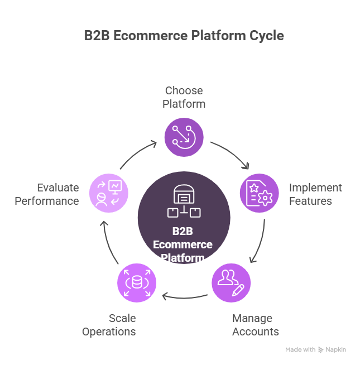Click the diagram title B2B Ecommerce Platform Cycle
[184, 36]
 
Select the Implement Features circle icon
[259, 193]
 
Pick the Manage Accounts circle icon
[231, 282]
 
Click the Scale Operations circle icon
[137, 282]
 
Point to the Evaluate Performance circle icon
[109, 193]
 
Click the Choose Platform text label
[184, 97]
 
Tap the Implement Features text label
[315, 194]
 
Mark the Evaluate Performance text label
[47, 194]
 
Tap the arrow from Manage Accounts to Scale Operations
[184, 296]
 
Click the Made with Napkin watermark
[316, 350]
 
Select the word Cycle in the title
[267, 36]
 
